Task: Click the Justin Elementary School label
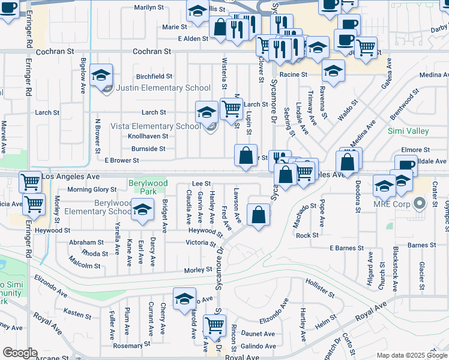tap(163, 88)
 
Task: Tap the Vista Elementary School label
tap(155, 126)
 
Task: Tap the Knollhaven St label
tap(147, 136)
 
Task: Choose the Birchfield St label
tap(154, 77)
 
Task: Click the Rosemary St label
tap(131, 346)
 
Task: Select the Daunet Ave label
tap(258, 334)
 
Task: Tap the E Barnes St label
tap(346, 248)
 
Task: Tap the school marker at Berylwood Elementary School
tap(142, 210)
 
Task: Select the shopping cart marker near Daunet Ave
tap(214, 325)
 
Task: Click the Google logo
tap(19, 353)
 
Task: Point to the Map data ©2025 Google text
tap(411, 355)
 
